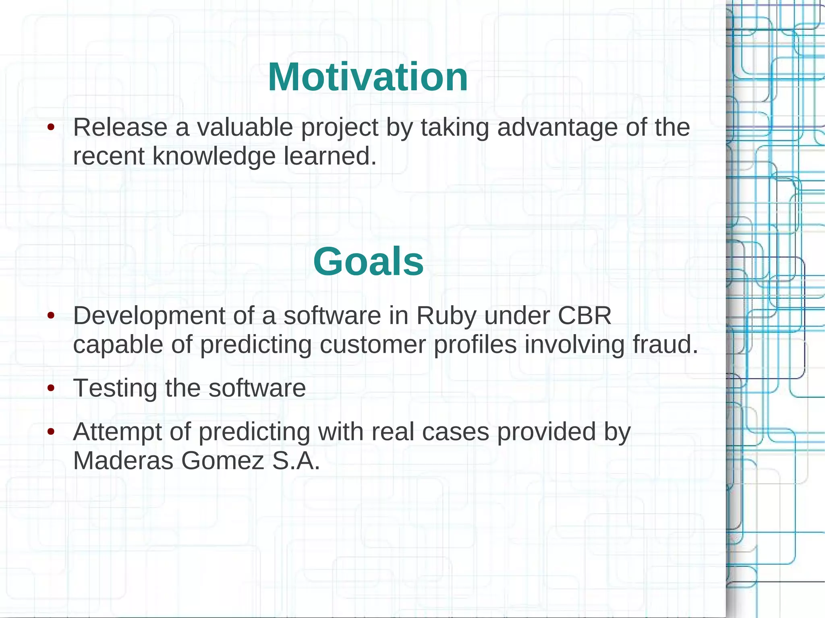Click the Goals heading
tap(368, 262)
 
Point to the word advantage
tap(557, 128)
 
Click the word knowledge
tap(214, 156)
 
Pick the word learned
tap(330, 156)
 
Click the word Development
tap(149, 316)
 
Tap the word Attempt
tap(117, 432)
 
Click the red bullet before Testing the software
tap(51, 389)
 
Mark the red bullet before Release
tap(51, 127)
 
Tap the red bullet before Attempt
tap(51, 432)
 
